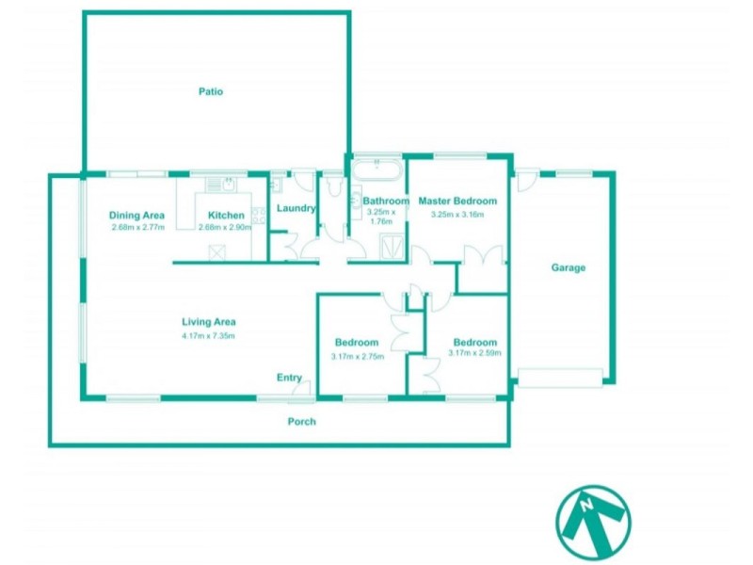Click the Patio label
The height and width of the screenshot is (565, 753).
tap(210, 91)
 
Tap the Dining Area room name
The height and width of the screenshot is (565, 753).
tap(137, 215)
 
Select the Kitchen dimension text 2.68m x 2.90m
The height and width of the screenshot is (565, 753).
tap(227, 227)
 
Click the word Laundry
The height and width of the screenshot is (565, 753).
tap(296, 208)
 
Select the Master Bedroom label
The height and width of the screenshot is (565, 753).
tap(457, 201)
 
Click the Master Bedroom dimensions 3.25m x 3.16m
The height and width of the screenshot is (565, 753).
tap(457, 214)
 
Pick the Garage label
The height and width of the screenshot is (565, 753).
tap(569, 267)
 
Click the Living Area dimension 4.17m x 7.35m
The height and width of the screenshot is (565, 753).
tap(208, 336)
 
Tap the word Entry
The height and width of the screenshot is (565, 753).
tap(289, 378)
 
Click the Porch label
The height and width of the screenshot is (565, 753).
tap(301, 421)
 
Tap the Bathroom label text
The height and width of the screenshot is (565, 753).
tap(385, 201)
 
